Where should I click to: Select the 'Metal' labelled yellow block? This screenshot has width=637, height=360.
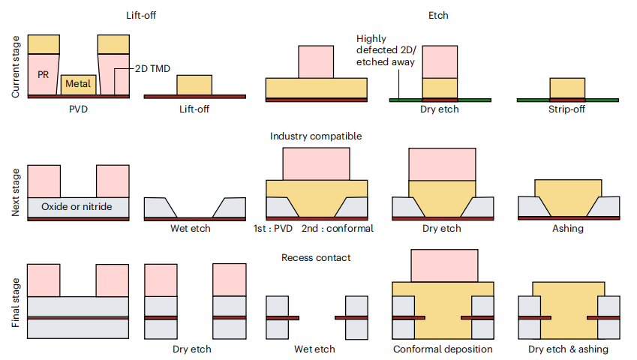tap(78, 84)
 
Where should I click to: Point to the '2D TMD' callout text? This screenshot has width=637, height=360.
tap(153, 69)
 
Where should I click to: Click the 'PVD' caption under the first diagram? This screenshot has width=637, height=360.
tap(78, 109)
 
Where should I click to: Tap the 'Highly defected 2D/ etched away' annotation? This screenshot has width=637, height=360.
tap(386, 49)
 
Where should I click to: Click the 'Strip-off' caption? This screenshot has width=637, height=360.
tap(567, 109)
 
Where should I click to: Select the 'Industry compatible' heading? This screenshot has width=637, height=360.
tap(316, 136)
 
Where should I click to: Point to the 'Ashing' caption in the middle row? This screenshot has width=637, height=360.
tap(567, 228)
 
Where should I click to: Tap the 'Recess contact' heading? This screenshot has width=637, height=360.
tap(316, 257)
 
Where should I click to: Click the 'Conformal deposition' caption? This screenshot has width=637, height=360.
tap(443, 349)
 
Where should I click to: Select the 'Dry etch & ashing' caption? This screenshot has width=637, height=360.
tap(568, 349)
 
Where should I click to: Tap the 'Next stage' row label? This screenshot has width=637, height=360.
tap(16, 192)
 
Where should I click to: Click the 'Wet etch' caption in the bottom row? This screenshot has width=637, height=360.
tap(314, 349)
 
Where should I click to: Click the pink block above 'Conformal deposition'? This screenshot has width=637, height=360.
tap(443, 265)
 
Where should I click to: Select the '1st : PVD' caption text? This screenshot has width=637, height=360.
tap(272, 228)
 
